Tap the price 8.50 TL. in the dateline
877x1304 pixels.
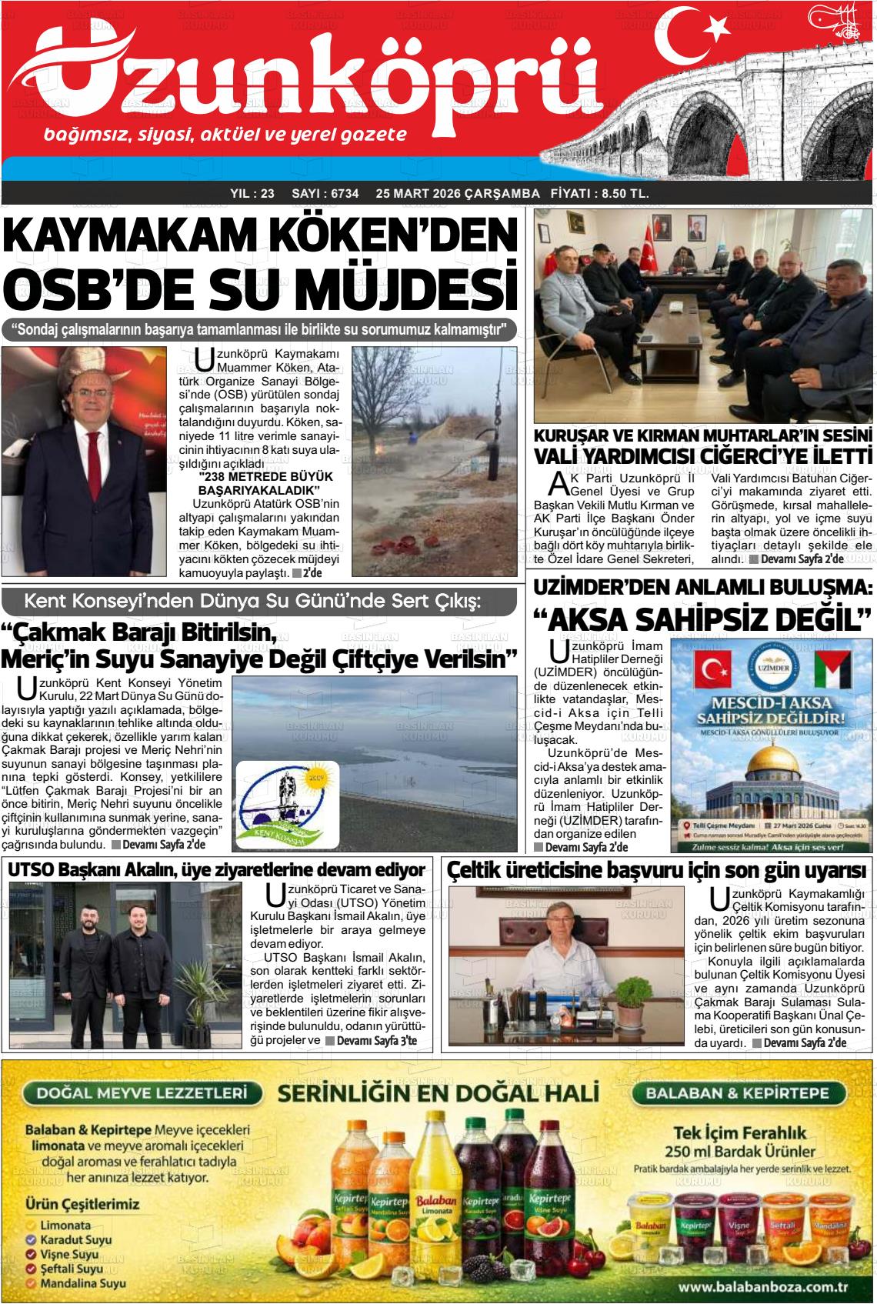tap(622, 194)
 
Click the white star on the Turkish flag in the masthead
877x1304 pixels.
tap(717, 28)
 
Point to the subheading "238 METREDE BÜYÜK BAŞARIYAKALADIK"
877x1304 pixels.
tap(258, 484)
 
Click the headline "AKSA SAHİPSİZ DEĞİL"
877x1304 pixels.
tap(702, 639)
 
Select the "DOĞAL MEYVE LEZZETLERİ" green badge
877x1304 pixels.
tap(141, 1093)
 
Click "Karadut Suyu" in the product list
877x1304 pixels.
tap(75, 1239)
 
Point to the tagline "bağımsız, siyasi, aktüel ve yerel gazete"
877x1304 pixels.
tap(225, 135)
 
